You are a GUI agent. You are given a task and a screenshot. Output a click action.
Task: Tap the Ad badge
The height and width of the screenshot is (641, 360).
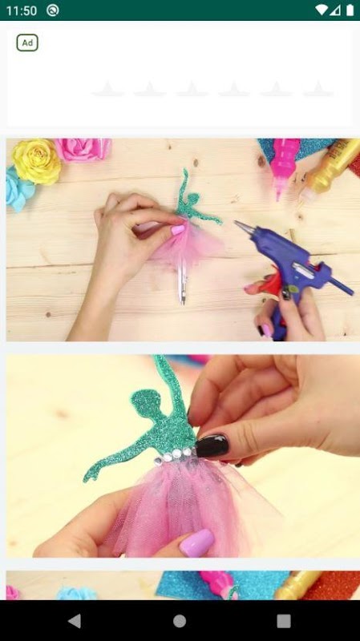click(27, 43)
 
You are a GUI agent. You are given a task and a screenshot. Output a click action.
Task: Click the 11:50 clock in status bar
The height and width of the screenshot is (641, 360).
click(22, 10)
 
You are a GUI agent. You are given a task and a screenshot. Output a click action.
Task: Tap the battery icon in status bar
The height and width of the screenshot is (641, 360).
click(350, 10)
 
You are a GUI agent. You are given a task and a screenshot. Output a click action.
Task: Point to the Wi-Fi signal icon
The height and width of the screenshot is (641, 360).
click(322, 10)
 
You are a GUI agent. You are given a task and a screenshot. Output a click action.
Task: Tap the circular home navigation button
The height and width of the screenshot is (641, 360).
click(180, 621)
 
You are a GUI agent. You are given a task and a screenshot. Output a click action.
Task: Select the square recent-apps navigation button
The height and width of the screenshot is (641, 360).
click(284, 621)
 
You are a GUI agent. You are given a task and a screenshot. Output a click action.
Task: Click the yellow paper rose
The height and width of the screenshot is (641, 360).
click(36, 162)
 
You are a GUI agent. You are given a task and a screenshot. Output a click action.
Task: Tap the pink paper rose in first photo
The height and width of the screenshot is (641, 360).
click(83, 149)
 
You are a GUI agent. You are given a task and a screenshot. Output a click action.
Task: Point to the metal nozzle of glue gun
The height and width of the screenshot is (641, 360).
click(245, 228)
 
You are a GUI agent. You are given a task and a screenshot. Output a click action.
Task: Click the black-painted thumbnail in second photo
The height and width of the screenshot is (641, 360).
click(212, 445)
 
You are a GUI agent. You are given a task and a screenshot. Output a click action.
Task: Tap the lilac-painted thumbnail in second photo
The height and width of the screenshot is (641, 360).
click(196, 543)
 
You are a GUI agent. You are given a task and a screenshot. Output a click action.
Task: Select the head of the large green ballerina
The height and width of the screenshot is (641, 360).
click(144, 403)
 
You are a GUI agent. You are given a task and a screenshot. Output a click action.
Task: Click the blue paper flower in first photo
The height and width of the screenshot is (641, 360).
click(19, 189)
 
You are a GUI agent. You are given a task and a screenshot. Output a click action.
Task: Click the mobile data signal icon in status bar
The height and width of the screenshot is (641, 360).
click(336, 10)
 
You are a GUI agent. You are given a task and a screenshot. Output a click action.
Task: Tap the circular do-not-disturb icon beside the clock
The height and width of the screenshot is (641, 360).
click(52, 10)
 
